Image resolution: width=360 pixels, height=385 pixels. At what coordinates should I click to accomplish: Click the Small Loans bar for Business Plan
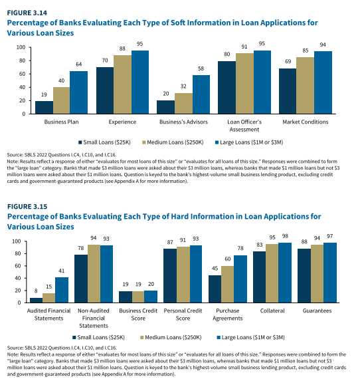(44, 107)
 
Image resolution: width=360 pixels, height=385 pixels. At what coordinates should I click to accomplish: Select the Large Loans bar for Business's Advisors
(201, 94)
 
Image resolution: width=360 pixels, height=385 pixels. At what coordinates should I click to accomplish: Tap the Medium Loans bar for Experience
(122, 84)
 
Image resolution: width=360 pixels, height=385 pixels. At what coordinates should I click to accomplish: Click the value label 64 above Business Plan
(78, 64)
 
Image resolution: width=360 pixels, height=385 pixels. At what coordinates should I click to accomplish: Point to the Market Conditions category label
(306, 122)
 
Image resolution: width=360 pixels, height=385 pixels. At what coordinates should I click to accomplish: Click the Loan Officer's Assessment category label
(244, 126)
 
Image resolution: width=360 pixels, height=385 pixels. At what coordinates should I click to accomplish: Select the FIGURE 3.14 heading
(27, 13)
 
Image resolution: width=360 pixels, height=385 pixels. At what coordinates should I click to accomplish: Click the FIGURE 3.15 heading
(27, 207)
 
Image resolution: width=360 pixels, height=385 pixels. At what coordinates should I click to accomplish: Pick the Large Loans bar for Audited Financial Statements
(62, 290)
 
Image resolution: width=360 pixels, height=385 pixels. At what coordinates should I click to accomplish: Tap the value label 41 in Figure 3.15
(61, 271)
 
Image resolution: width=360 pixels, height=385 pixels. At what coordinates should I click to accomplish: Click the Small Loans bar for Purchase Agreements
(215, 289)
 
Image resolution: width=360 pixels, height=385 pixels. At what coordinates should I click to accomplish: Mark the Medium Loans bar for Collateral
(272, 273)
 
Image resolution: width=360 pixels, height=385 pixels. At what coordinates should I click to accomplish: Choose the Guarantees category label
(317, 311)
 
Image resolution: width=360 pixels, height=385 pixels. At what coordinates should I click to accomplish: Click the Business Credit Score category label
(138, 315)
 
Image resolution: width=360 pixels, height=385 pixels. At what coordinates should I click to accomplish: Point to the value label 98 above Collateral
(285, 236)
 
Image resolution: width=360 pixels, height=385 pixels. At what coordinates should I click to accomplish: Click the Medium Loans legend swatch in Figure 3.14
(144, 142)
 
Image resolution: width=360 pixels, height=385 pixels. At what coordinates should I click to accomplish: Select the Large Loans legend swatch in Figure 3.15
(219, 337)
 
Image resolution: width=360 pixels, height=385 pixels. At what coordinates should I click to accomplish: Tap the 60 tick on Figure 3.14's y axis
(22, 74)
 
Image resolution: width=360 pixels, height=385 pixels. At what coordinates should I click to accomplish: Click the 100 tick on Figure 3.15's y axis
(17, 241)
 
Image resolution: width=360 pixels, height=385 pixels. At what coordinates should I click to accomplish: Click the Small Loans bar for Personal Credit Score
(170, 275)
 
